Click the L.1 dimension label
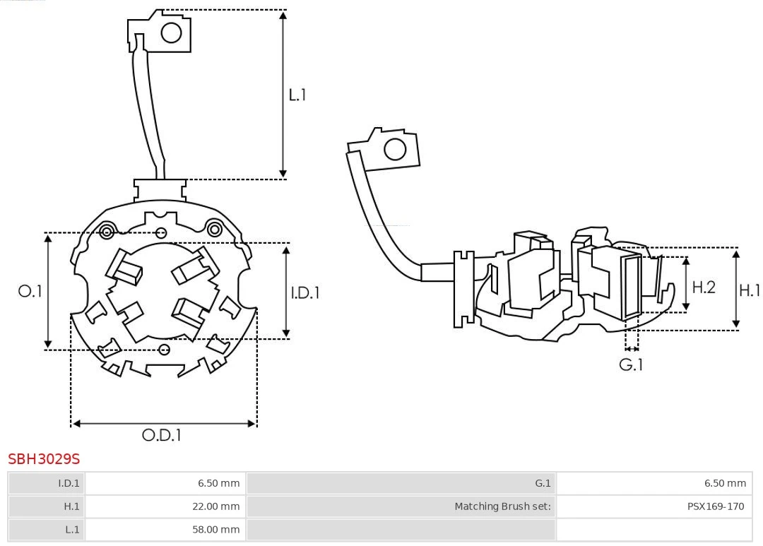click(x=297, y=95)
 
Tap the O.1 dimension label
click(x=30, y=291)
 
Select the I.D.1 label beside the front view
click(x=305, y=292)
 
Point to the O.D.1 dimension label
click(x=162, y=435)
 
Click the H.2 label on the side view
click(x=704, y=287)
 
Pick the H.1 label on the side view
click(x=750, y=290)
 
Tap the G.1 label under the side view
click(x=631, y=364)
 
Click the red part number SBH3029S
click(x=44, y=459)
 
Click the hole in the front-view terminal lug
click(x=172, y=32)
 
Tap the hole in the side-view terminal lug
click(x=395, y=150)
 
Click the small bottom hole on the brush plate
click(x=165, y=349)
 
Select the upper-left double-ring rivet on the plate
click(x=107, y=231)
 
